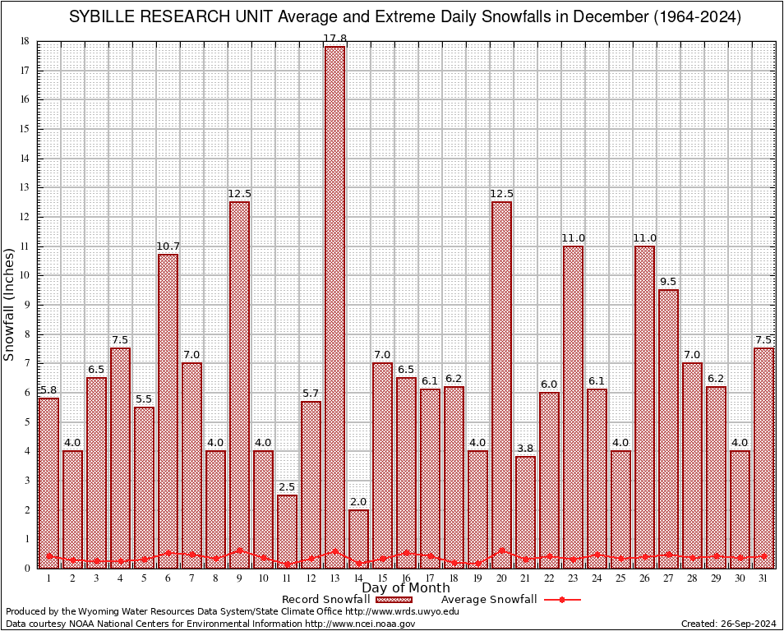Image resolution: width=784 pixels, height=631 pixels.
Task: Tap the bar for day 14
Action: pos(358,539)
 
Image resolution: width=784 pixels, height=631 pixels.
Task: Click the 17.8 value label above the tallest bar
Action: pos(334,39)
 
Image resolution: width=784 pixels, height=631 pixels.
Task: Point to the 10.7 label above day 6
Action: pos(168,246)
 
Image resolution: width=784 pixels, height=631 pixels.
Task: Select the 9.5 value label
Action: pos(668,282)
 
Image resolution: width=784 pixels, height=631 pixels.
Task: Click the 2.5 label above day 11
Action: pos(287,487)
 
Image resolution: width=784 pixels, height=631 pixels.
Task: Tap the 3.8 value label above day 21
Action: pos(525,449)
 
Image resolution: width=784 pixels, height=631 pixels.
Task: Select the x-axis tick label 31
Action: pos(763,578)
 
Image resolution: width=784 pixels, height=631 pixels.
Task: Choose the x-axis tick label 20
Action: pos(501,578)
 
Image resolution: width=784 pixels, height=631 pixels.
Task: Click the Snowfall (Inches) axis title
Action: pos(9,304)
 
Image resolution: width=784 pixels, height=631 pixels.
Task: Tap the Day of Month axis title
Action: pos(406,588)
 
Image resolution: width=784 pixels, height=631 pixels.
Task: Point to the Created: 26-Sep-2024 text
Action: pos(729,624)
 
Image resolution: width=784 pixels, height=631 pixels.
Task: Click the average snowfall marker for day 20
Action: pos(501,551)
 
